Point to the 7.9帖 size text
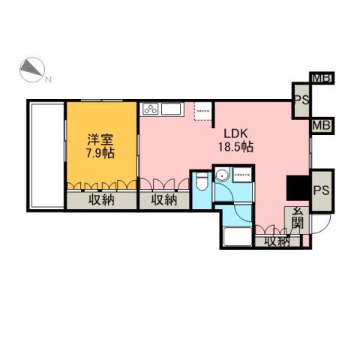(x=100, y=152)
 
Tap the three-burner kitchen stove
(x=149, y=109)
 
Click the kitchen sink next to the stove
(x=169, y=109)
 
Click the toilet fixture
(x=202, y=183)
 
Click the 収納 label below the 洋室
(x=100, y=199)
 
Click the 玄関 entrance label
(x=298, y=217)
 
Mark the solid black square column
(x=296, y=187)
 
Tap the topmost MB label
(x=322, y=78)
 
